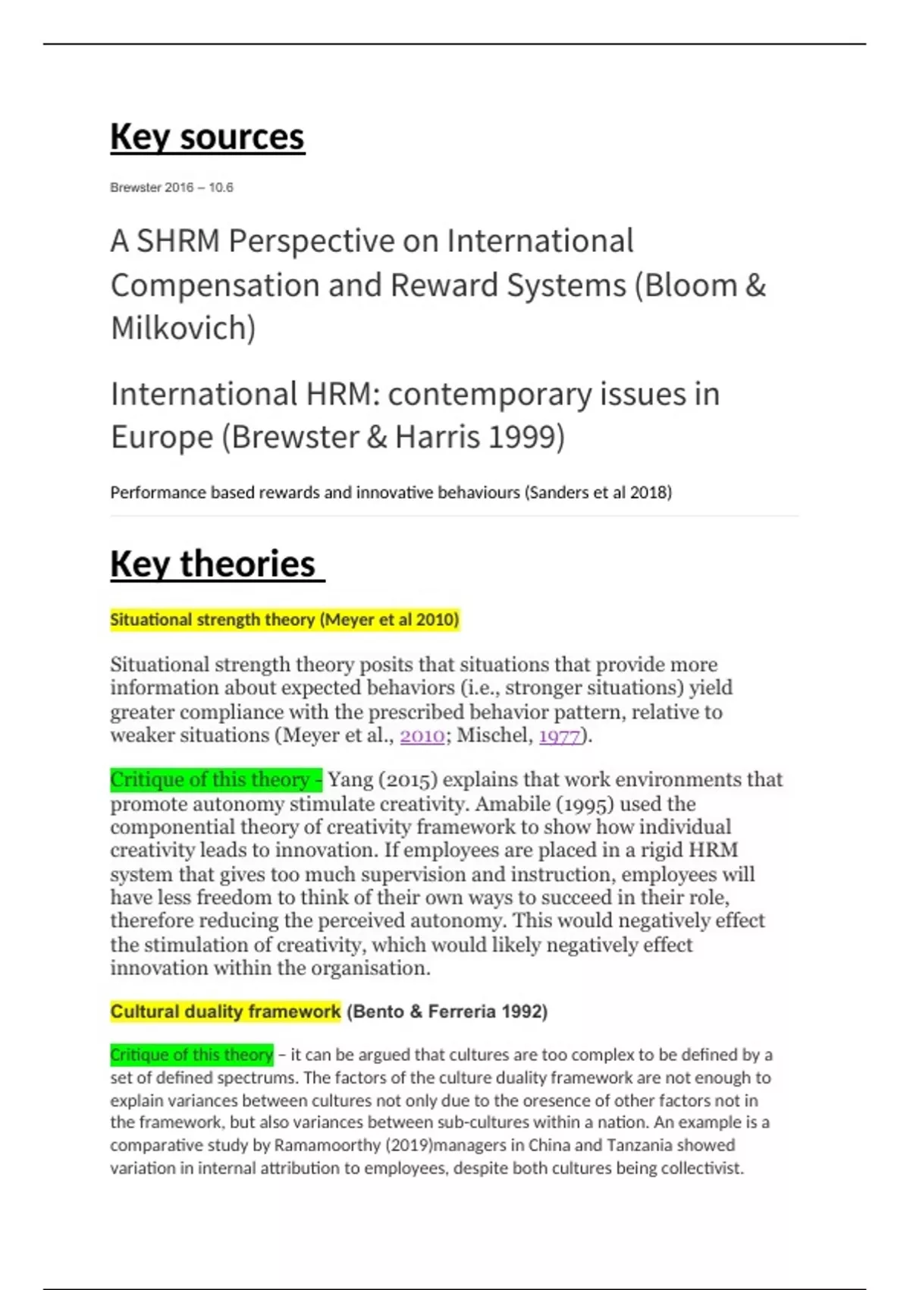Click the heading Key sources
[x=207, y=137]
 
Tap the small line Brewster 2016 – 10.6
[x=171, y=187]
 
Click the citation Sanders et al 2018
[x=598, y=492]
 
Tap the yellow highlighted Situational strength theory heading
[x=284, y=620]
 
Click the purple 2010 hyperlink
[x=422, y=735]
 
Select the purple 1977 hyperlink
[x=560, y=735]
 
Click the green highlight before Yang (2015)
[x=215, y=780]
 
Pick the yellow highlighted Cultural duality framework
[x=225, y=1012]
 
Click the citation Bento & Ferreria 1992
[x=447, y=1012]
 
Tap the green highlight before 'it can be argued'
[x=191, y=1055]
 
